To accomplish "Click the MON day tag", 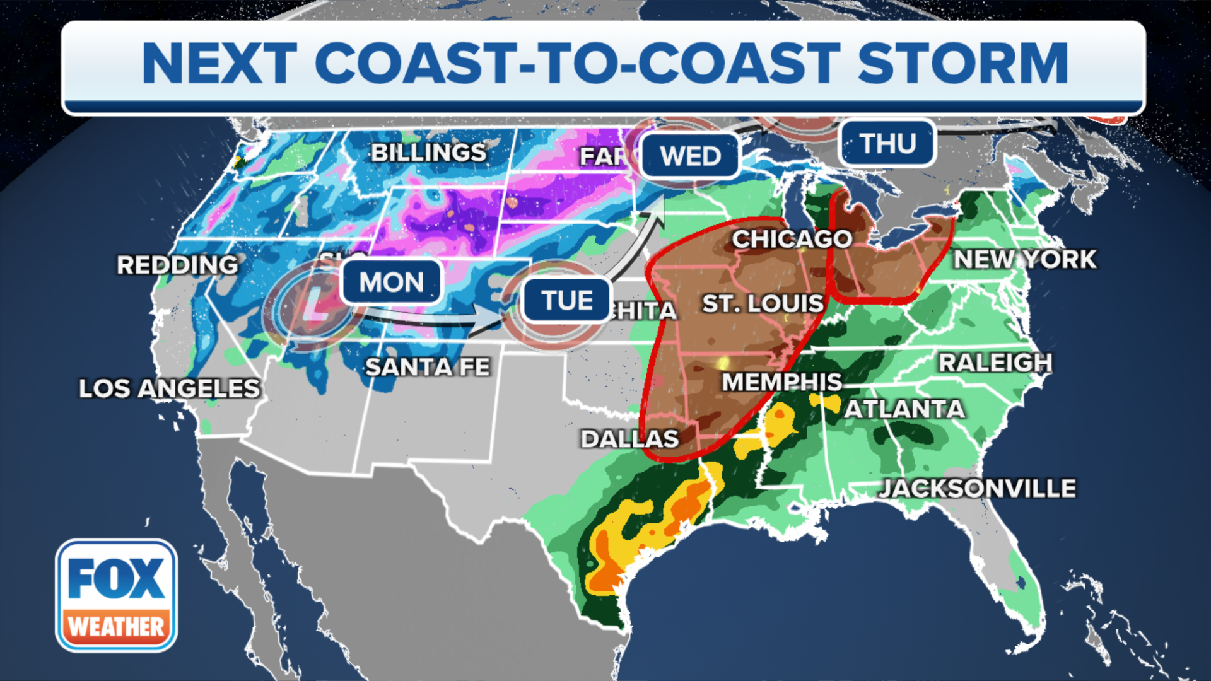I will click(392, 282).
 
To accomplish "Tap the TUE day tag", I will click(567, 300).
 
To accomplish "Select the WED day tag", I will click(690, 156).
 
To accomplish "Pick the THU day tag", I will click(887, 144).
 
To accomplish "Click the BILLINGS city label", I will click(428, 153).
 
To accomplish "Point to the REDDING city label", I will click(178, 265).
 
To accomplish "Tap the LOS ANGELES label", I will click(169, 388).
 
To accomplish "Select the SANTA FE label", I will click(428, 367).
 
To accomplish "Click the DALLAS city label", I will click(629, 439).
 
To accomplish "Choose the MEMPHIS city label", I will click(782, 382).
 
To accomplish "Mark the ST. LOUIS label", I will click(763, 304).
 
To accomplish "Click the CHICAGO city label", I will click(792, 239).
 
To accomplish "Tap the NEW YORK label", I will click(1025, 259).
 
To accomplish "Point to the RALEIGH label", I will click(995, 363).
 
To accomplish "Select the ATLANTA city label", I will click(904, 409).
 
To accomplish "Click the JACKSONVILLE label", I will click(978, 488).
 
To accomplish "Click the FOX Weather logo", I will click(116, 595).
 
